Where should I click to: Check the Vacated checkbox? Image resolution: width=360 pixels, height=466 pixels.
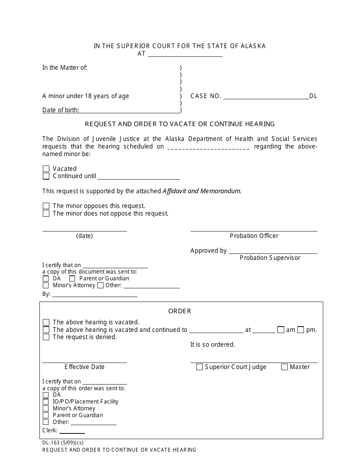(x=46, y=169)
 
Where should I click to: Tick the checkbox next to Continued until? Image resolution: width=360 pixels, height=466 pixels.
(x=46, y=176)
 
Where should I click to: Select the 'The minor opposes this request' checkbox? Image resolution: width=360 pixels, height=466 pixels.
(x=46, y=206)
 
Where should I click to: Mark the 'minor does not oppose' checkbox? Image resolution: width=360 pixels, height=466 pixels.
(x=46, y=214)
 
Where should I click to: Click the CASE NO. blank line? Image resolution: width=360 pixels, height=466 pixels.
(x=266, y=96)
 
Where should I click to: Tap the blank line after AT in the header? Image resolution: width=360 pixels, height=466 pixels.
(x=185, y=54)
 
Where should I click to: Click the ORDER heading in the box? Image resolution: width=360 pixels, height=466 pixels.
(x=180, y=311)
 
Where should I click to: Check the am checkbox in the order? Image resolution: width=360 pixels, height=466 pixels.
(x=281, y=330)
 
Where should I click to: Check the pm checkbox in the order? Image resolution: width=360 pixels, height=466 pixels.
(x=301, y=330)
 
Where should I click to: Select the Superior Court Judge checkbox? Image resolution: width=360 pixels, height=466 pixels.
(x=199, y=367)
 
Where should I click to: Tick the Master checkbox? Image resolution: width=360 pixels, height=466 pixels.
(x=284, y=367)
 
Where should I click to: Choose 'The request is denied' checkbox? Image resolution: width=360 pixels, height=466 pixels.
(x=46, y=337)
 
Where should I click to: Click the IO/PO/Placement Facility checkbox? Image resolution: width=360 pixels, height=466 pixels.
(x=45, y=402)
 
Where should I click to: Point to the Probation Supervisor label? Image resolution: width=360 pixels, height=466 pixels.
(x=270, y=258)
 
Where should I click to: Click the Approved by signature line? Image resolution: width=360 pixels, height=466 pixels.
(x=273, y=251)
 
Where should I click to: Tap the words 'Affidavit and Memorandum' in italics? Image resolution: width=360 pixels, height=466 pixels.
(x=202, y=191)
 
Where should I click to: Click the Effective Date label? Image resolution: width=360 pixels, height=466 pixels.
(x=85, y=367)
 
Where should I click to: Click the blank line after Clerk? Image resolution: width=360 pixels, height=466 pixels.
(x=72, y=431)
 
